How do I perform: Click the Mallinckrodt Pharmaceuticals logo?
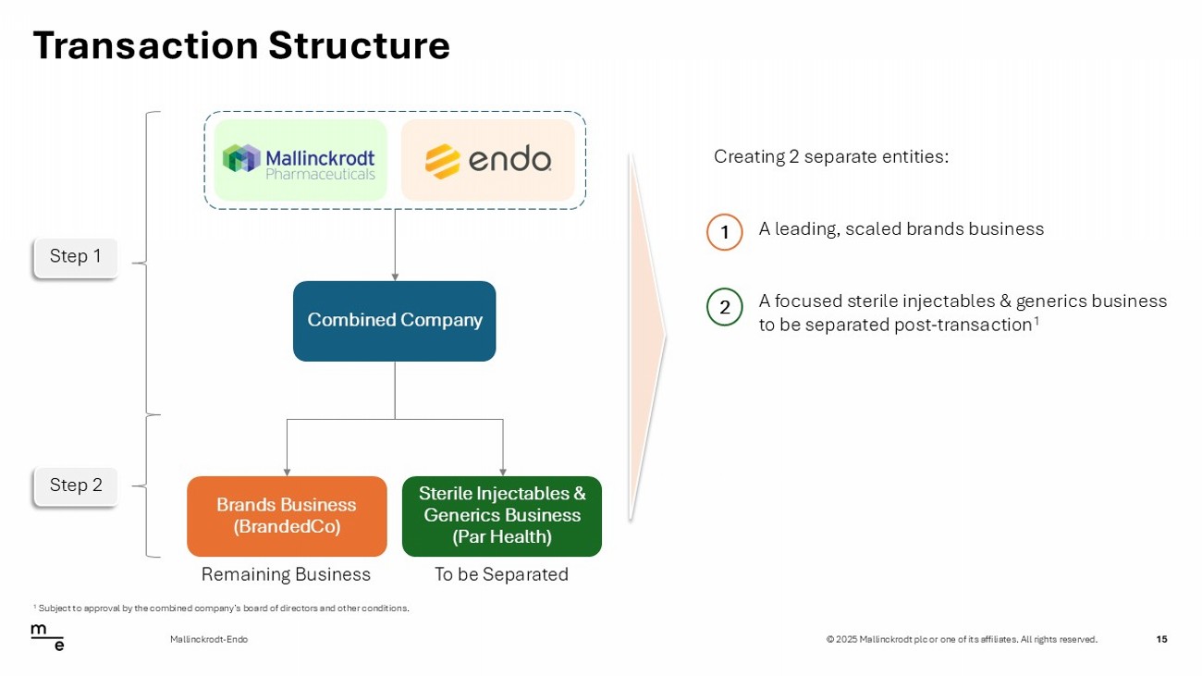point(300,160)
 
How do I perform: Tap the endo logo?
point(488,160)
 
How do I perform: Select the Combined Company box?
point(395,321)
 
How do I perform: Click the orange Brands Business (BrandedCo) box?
point(287,516)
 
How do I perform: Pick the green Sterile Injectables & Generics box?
point(502,516)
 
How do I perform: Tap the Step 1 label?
point(76,257)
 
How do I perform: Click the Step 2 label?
point(76,485)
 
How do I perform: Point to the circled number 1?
point(725,232)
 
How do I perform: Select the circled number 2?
point(725,307)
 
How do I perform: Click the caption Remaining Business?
point(286,574)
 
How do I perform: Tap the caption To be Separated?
point(501,574)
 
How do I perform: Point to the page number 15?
point(1161,639)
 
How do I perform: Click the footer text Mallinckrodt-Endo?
point(209,639)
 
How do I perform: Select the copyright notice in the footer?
point(962,639)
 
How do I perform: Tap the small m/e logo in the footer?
point(47,637)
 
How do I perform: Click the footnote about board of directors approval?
point(222,608)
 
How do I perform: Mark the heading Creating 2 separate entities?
point(831,156)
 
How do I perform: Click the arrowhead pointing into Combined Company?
point(395,277)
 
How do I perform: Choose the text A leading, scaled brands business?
point(901,228)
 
